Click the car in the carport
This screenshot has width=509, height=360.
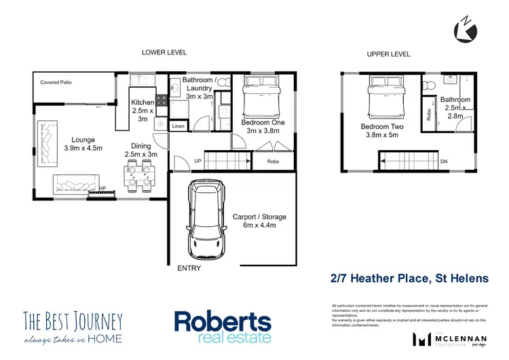point(206,219)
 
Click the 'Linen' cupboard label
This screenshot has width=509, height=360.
point(178,126)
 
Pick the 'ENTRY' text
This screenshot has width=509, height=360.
point(189,268)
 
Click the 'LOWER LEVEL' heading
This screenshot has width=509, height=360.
point(164,52)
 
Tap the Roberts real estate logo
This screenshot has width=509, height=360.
point(223,327)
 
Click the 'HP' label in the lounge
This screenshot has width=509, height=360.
point(102,189)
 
